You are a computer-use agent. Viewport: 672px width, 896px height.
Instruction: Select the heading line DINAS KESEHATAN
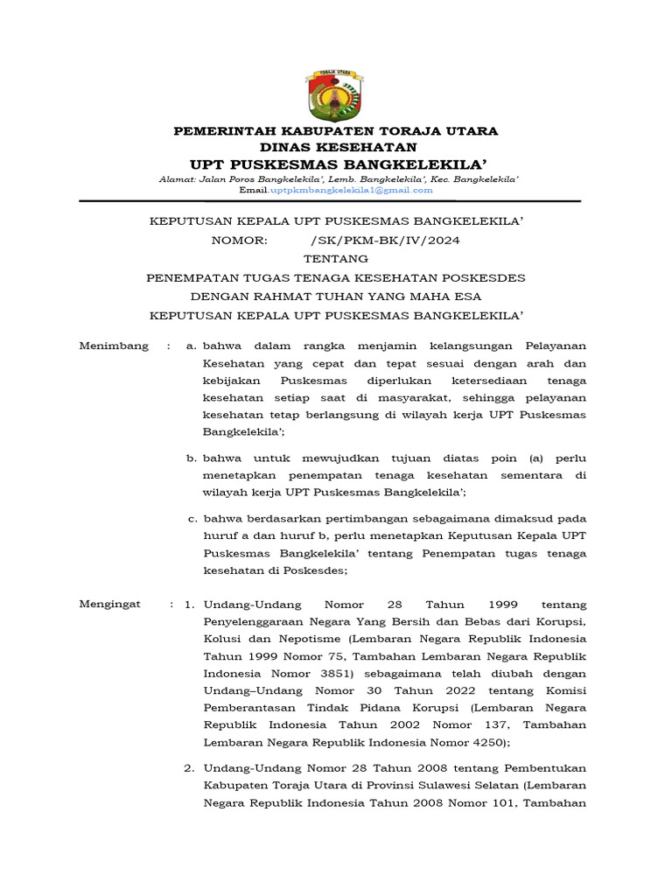[x=336, y=147]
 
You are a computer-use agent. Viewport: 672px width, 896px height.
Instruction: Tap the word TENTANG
[x=336, y=259]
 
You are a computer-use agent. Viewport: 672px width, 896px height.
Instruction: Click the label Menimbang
[x=114, y=346]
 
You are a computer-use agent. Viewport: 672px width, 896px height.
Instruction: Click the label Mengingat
[x=110, y=605]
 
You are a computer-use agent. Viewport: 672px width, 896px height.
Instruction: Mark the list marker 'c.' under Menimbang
[x=195, y=518]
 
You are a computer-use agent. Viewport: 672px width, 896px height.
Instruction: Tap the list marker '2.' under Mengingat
[x=189, y=768]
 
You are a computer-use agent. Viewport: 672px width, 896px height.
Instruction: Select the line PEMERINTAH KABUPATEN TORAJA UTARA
[x=336, y=131]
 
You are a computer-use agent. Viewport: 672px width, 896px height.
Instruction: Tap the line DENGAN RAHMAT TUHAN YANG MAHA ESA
[x=336, y=296]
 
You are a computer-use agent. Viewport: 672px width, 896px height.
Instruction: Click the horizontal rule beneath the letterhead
[x=329, y=201]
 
